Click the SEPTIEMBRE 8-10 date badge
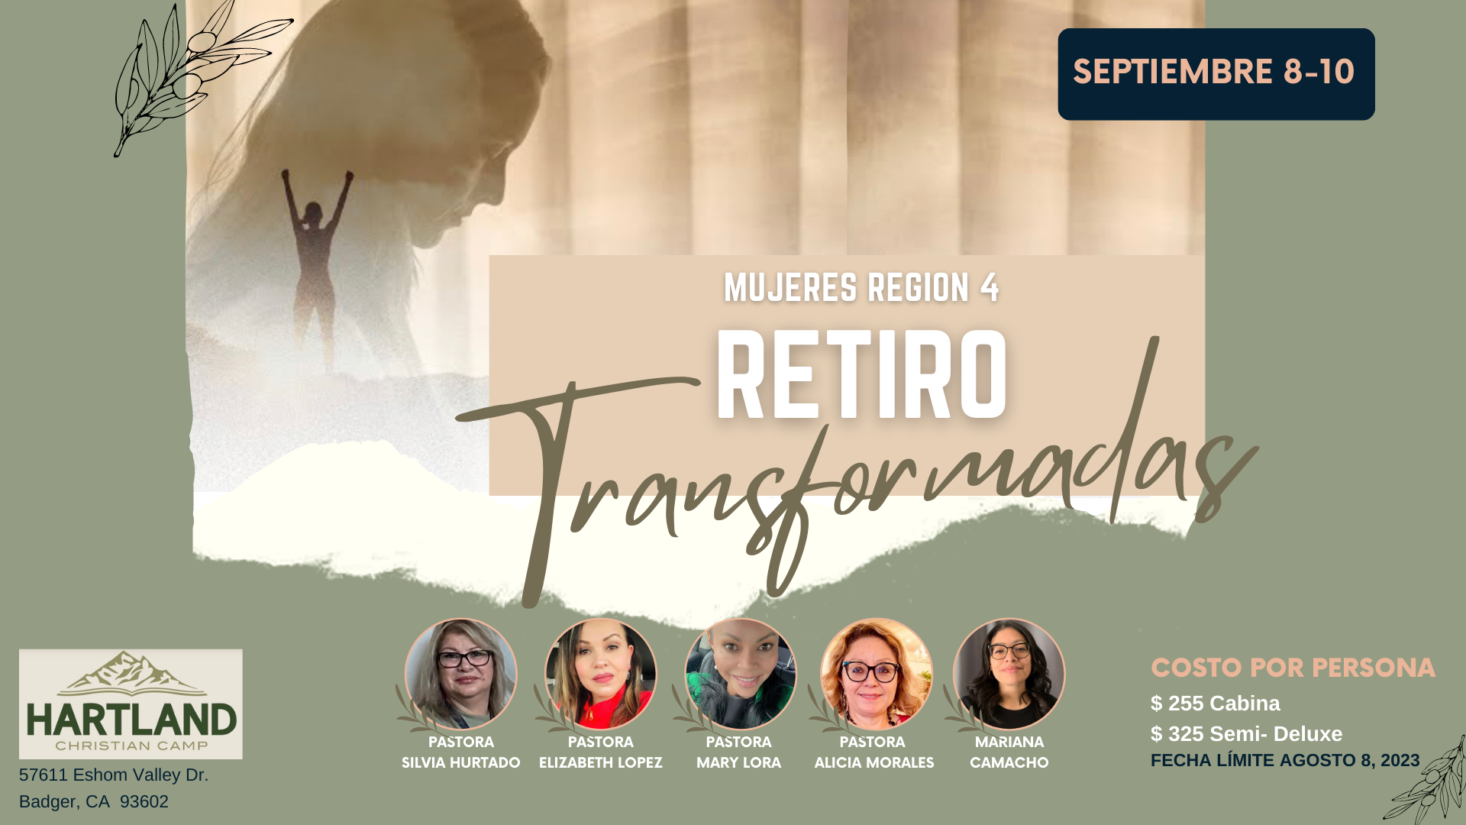pyautogui.click(x=1216, y=74)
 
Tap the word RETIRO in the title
pyautogui.click(x=861, y=375)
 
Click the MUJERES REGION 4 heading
pyautogui.click(x=861, y=288)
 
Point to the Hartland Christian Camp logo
pyautogui.click(x=131, y=704)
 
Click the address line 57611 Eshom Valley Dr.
pyautogui.click(x=114, y=775)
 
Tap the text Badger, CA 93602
pyautogui.click(x=94, y=801)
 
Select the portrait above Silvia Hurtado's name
pyautogui.click(x=460, y=674)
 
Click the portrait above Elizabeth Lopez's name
pyautogui.click(x=600, y=674)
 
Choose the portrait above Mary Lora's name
pyautogui.click(x=740, y=674)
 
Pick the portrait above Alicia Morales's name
pyautogui.click(x=876, y=674)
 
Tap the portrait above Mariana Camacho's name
pyautogui.click(x=1009, y=674)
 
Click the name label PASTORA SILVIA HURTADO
pyautogui.click(x=460, y=752)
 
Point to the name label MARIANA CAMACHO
pyautogui.click(x=1009, y=752)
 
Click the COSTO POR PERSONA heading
pyautogui.click(x=1293, y=668)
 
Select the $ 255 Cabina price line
pyautogui.click(x=1215, y=703)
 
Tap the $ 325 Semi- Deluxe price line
pyautogui.click(x=1246, y=733)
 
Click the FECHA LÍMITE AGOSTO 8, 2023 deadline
pyautogui.click(x=1285, y=760)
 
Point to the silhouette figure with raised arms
pyautogui.click(x=316, y=267)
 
